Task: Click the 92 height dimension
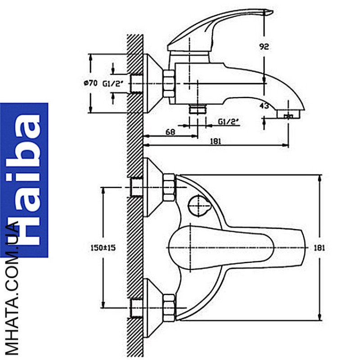264,47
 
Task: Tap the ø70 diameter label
90,83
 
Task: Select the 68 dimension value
170,132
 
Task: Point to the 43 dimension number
264,106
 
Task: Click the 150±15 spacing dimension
103,248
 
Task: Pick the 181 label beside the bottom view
319,248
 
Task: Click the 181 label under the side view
216,141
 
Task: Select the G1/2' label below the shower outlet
228,121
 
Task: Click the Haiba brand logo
24,180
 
